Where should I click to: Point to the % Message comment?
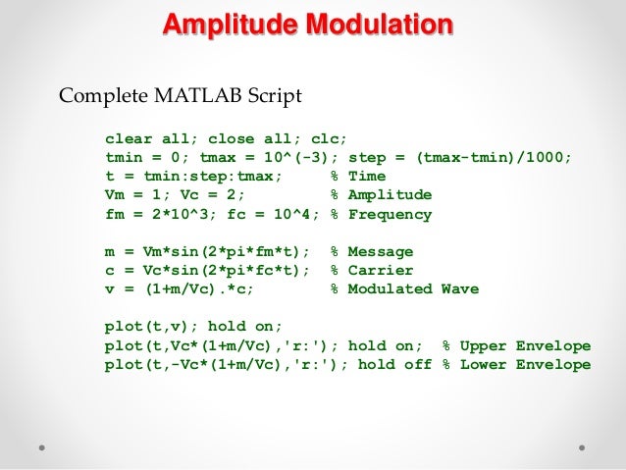pos(372,252)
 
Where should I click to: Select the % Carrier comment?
pos(372,271)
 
